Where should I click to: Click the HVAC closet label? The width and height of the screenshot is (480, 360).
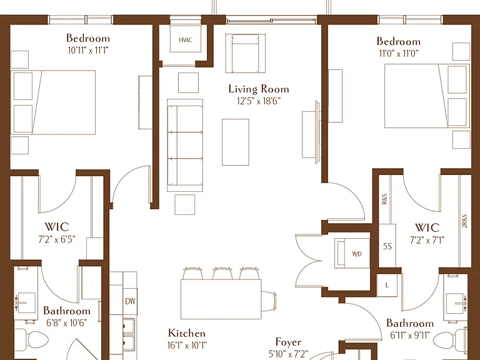[x=186, y=40]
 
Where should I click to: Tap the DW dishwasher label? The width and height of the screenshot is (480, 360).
[x=130, y=301]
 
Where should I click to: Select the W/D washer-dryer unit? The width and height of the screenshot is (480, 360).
[x=352, y=253]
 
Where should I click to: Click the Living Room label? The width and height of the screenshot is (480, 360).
[x=259, y=89]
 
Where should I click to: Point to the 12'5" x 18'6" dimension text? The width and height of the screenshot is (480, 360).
[x=259, y=101]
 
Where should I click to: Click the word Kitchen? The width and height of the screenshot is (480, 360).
[x=187, y=332]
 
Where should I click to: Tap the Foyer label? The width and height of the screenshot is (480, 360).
[x=288, y=342]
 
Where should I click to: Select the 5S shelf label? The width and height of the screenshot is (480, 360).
[x=387, y=246]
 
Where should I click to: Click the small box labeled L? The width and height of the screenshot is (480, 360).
[x=387, y=285]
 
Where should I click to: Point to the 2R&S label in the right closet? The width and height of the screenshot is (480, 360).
[x=464, y=221]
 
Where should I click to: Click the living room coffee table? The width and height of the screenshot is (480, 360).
[x=236, y=142]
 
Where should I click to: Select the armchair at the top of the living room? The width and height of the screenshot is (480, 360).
[x=246, y=53]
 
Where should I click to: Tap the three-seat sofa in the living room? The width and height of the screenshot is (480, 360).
[x=185, y=146]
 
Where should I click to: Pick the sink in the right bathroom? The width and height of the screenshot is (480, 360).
[x=456, y=304]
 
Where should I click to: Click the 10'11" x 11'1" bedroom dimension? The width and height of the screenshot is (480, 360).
[x=88, y=50]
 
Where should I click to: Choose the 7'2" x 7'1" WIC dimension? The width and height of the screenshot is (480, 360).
[x=427, y=240]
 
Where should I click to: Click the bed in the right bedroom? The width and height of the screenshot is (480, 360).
[x=427, y=96]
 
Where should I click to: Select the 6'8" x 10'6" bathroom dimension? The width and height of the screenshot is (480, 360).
[x=67, y=322]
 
